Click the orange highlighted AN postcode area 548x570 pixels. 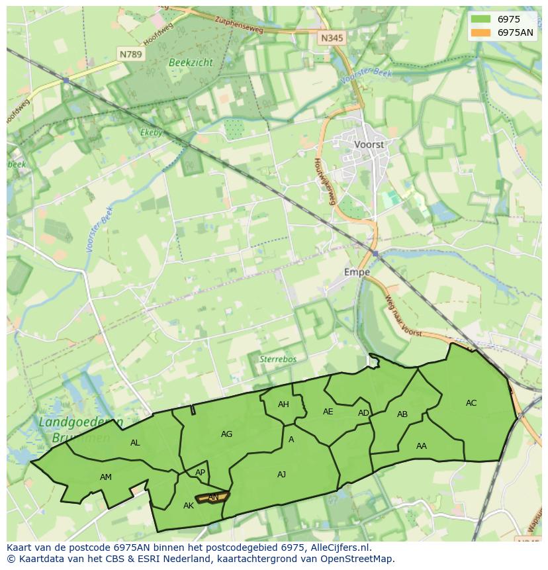pos(212,497)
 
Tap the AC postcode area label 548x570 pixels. pos(471,403)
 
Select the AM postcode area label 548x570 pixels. pos(106,477)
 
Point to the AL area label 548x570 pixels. pos(135,443)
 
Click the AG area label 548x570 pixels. pos(226,434)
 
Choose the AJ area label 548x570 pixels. pos(281,474)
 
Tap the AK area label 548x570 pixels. pos(189,506)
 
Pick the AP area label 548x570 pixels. pos(200,473)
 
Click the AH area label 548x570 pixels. pos(283,404)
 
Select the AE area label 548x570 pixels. pos(328,411)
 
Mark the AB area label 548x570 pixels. pos(402,414)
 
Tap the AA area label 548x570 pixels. pos(422,446)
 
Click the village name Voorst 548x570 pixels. pos(369,144)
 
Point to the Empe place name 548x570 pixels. pos(357,271)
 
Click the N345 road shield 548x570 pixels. pos(332,38)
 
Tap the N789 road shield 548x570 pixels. pos(131,54)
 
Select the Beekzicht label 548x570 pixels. pos(191,62)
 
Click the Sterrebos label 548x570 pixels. pos(277,359)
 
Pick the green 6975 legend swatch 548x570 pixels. pos(480,19)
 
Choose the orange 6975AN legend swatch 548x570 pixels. pos(480,32)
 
